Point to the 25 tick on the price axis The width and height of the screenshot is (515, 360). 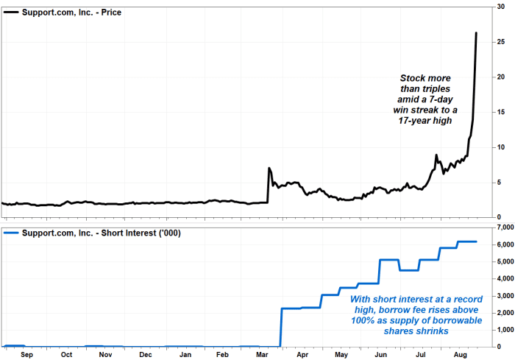502,42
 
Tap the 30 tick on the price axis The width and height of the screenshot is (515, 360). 502,7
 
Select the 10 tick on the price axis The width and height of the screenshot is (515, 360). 502,147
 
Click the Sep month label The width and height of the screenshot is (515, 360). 26,353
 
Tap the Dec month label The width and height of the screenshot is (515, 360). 146,353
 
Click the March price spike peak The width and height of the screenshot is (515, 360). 269,169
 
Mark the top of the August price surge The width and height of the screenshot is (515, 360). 476,33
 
